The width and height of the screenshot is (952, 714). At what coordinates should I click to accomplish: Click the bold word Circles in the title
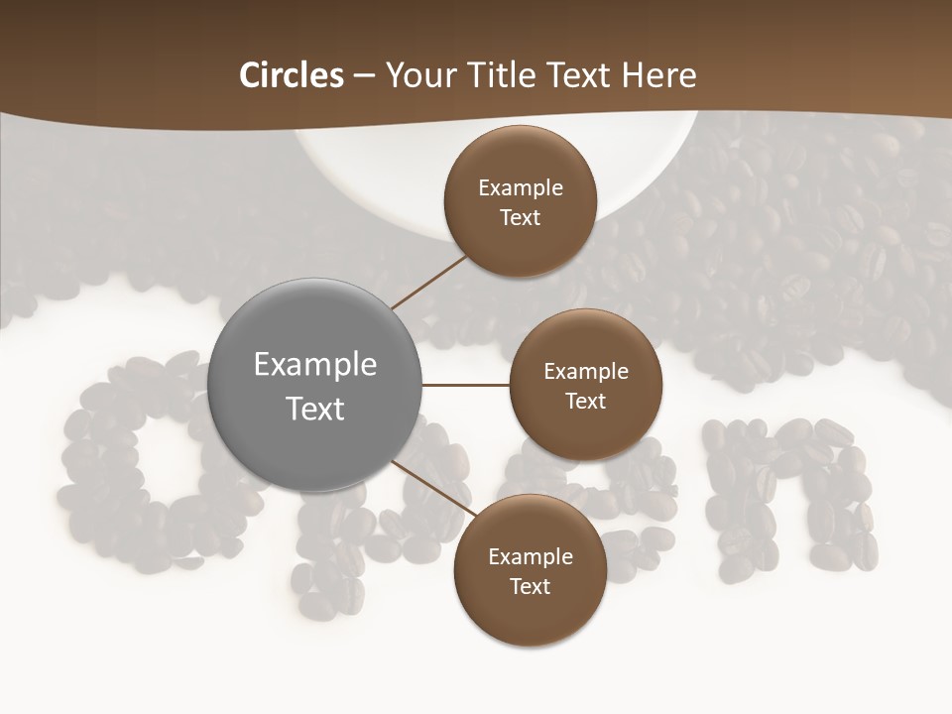click(291, 75)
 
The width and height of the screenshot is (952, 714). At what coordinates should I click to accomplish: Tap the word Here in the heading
click(658, 75)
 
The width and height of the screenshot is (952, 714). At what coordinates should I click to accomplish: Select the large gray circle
click(315, 385)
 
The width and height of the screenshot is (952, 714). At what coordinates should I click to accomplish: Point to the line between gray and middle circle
click(466, 385)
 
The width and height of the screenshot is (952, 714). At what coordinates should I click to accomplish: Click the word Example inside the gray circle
click(315, 364)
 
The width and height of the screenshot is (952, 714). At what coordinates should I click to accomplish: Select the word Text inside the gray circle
click(315, 409)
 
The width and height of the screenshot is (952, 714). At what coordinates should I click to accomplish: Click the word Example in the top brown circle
click(521, 187)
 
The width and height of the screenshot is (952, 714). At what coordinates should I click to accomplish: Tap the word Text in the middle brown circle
click(585, 401)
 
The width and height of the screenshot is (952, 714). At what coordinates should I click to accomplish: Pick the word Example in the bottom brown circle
click(530, 556)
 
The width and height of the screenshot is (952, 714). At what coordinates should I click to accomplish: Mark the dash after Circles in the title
click(363, 76)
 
